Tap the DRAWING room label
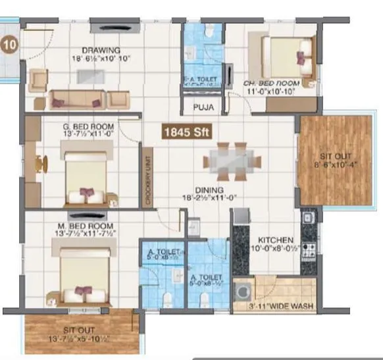pyautogui.click(x=101, y=50)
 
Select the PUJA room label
pyautogui.click(x=201, y=106)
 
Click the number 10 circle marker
pyautogui.click(x=9, y=45)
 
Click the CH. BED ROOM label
pyautogui.click(x=271, y=84)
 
